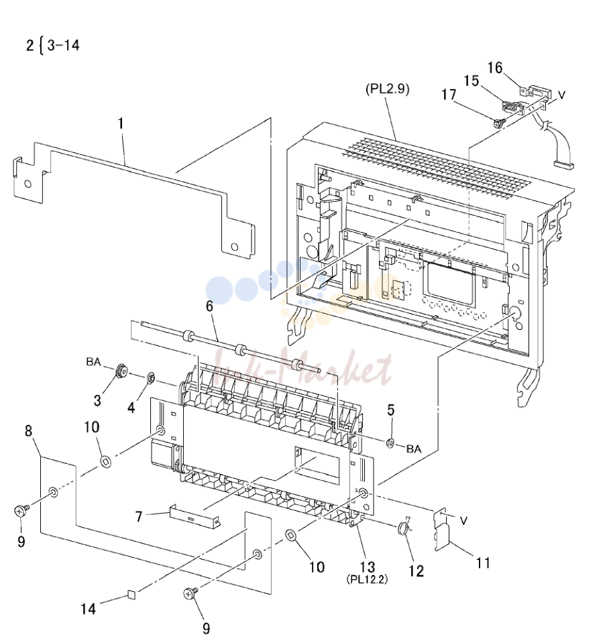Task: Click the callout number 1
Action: (121, 123)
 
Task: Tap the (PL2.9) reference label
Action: (387, 89)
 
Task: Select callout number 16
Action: (494, 68)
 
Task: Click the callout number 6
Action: (209, 306)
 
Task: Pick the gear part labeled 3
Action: (121, 372)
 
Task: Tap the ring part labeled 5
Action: (390, 443)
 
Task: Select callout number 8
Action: (28, 430)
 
